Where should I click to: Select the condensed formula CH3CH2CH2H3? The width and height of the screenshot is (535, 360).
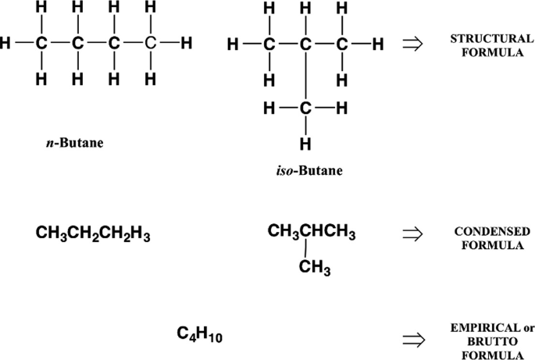(x=93, y=233)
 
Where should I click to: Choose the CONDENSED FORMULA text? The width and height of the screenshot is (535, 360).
(x=486, y=238)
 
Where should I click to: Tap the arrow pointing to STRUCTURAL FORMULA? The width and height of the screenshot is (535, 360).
(x=411, y=45)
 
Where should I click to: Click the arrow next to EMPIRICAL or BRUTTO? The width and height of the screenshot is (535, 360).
(x=411, y=340)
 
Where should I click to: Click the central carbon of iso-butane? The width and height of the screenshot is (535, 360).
(x=305, y=45)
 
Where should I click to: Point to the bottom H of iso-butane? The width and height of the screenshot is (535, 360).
(x=305, y=143)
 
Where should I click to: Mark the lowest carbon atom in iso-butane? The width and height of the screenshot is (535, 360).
(x=305, y=109)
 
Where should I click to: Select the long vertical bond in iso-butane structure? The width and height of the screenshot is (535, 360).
(x=305, y=77)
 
